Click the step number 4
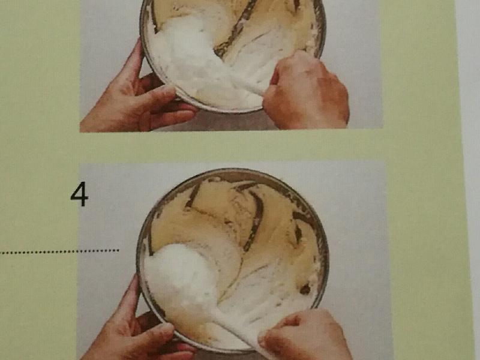pos(79,194)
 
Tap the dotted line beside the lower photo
pos(59,251)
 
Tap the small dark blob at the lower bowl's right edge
pos(305,289)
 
